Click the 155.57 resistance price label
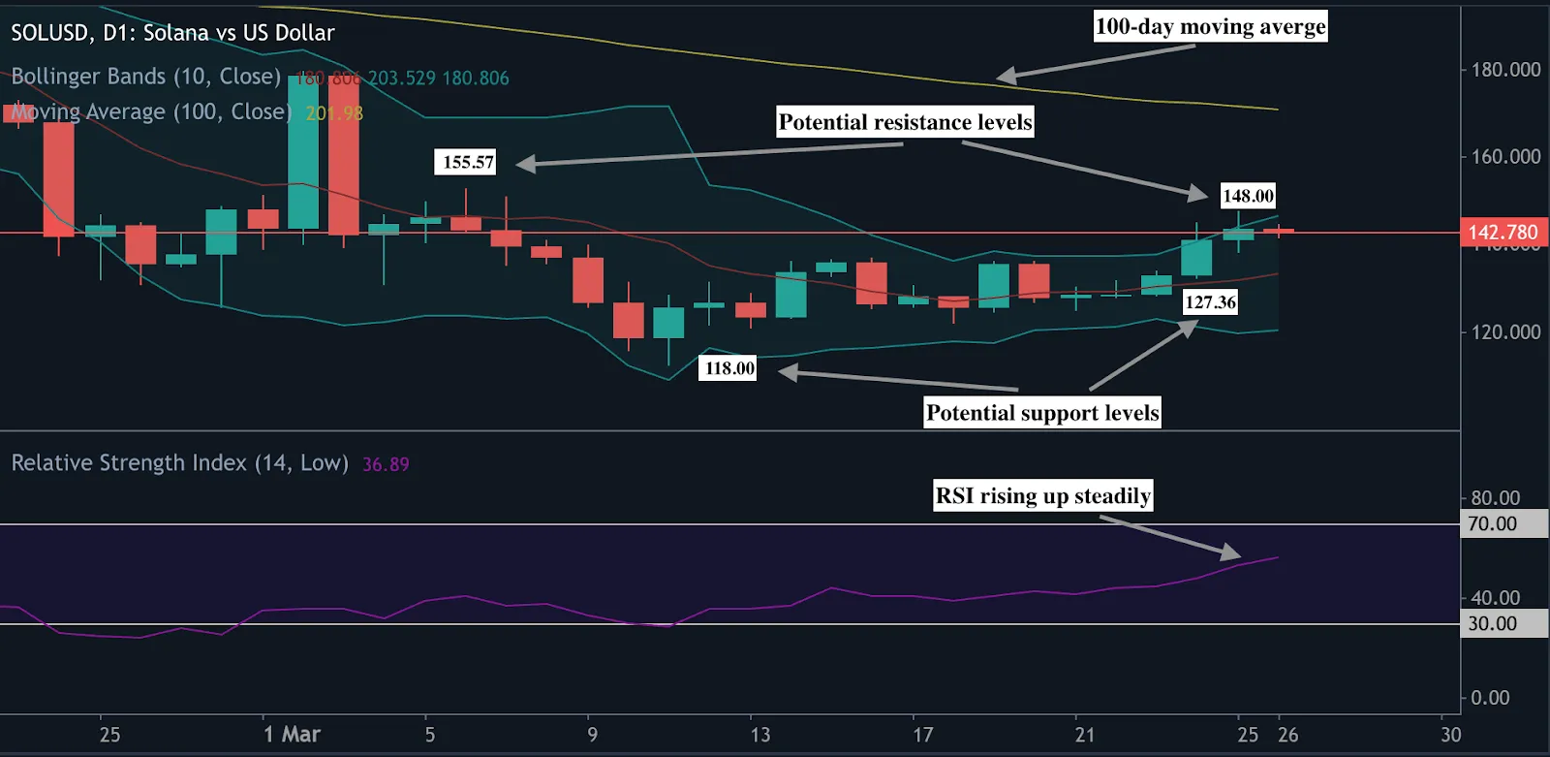tap(468, 162)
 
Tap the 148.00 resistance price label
tap(1248, 196)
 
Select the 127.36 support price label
tap(1210, 302)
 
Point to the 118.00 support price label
tap(729, 368)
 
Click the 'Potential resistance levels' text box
tap(905, 122)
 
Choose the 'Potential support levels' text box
tap(1042, 413)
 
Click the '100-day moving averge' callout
tap(1210, 26)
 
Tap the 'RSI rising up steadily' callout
tap(1042, 496)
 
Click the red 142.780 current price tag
tap(1503, 233)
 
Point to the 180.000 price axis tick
tap(1505, 70)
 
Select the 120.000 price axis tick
tap(1505, 332)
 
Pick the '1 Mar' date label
tap(292, 735)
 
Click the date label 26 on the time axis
tap(1287, 735)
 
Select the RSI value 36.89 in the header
tap(386, 465)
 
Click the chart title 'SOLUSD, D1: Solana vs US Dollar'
tap(172, 33)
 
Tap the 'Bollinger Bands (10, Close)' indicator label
tap(146, 77)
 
